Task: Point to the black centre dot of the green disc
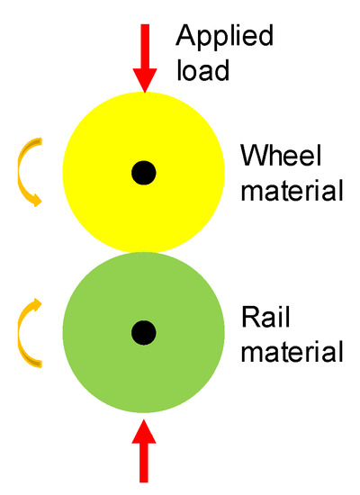[x=143, y=334]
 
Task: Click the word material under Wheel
[x=292, y=191]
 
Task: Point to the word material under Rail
[x=292, y=351]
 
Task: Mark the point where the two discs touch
[x=143, y=253]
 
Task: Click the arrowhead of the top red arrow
[x=143, y=83]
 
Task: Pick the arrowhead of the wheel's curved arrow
[x=35, y=200]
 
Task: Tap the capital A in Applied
[x=184, y=38]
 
